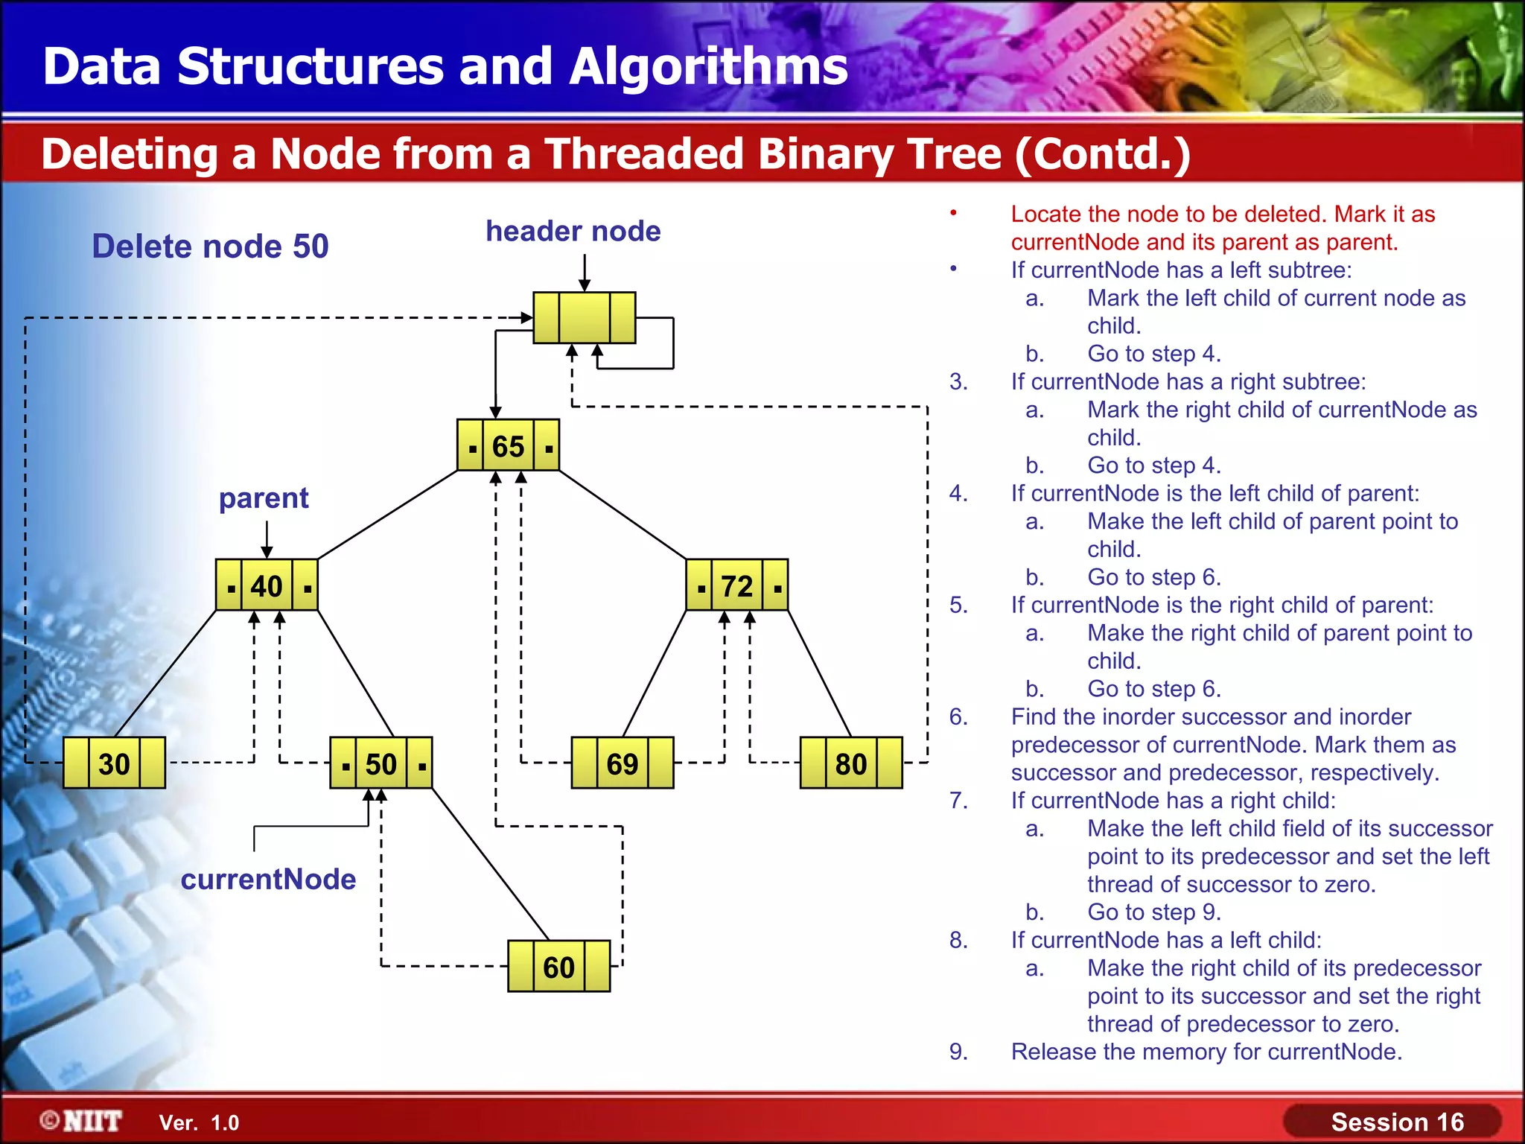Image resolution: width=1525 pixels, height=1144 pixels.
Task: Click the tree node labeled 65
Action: (x=508, y=445)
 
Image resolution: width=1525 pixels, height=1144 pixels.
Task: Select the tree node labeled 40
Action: (x=267, y=585)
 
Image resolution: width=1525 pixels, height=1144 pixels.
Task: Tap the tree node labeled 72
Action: (x=736, y=585)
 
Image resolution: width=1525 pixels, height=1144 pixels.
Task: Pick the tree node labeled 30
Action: (x=114, y=763)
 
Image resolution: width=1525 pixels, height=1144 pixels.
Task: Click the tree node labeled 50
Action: (x=381, y=763)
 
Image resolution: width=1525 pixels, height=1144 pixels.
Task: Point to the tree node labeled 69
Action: (x=622, y=763)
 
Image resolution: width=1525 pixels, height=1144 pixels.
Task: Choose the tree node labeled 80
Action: (x=850, y=763)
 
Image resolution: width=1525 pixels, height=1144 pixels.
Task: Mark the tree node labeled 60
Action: (x=558, y=967)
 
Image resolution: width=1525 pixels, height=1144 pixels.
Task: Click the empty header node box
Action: (x=585, y=318)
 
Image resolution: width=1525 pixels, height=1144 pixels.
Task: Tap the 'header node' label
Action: (x=573, y=231)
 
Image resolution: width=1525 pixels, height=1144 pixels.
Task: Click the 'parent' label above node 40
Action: (x=264, y=498)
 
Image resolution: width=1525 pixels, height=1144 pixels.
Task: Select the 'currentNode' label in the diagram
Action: (x=268, y=879)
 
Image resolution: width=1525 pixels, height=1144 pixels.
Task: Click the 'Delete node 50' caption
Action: (x=210, y=246)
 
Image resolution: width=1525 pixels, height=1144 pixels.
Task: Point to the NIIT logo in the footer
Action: (x=81, y=1121)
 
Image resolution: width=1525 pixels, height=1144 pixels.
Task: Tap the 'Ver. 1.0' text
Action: (x=199, y=1122)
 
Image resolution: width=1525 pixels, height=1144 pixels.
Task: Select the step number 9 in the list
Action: (x=958, y=1052)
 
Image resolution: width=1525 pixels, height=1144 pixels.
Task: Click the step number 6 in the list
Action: (x=958, y=716)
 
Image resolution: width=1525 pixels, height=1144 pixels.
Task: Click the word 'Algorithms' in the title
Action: (x=708, y=66)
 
